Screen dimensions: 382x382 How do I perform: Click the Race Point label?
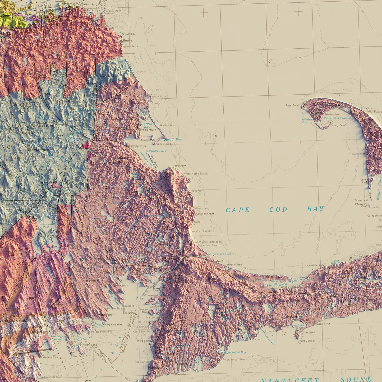click(292, 105)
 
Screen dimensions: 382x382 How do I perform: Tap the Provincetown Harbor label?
click(338, 118)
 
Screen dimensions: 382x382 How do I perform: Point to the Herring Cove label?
click(307, 121)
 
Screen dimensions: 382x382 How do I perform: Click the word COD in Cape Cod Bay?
click(278, 210)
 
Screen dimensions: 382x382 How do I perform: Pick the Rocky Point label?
click(179, 166)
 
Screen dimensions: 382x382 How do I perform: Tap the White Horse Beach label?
click(195, 174)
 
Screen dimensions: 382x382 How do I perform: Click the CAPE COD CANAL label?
click(220, 254)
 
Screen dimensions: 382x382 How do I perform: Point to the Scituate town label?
click(126, 40)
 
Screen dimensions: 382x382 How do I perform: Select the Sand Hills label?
click(128, 34)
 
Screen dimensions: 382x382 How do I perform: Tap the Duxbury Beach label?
click(168, 125)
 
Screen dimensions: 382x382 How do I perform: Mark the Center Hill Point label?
click(205, 214)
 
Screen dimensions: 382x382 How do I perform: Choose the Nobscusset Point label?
click(316, 265)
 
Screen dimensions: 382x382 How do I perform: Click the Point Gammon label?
click(307, 341)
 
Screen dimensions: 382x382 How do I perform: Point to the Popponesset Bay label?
click(235, 352)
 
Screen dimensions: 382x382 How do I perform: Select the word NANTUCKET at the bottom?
click(290, 380)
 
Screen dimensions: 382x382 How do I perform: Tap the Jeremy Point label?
click(361, 200)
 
